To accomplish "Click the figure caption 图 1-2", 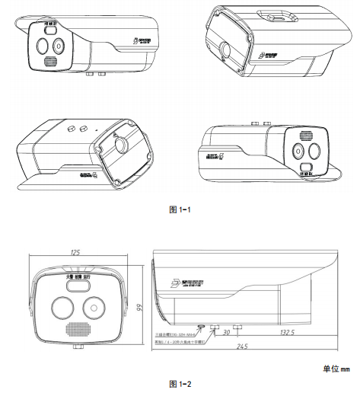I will coord(180,383).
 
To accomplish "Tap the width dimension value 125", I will coord(76,253).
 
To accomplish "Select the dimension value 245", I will coord(243,348).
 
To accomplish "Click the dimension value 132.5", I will coord(286,332).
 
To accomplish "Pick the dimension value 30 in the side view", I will coord(226,332).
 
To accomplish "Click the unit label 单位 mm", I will coord(335,369).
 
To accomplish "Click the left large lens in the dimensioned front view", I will coord(62,308).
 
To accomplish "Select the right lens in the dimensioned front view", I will coord(93,308).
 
